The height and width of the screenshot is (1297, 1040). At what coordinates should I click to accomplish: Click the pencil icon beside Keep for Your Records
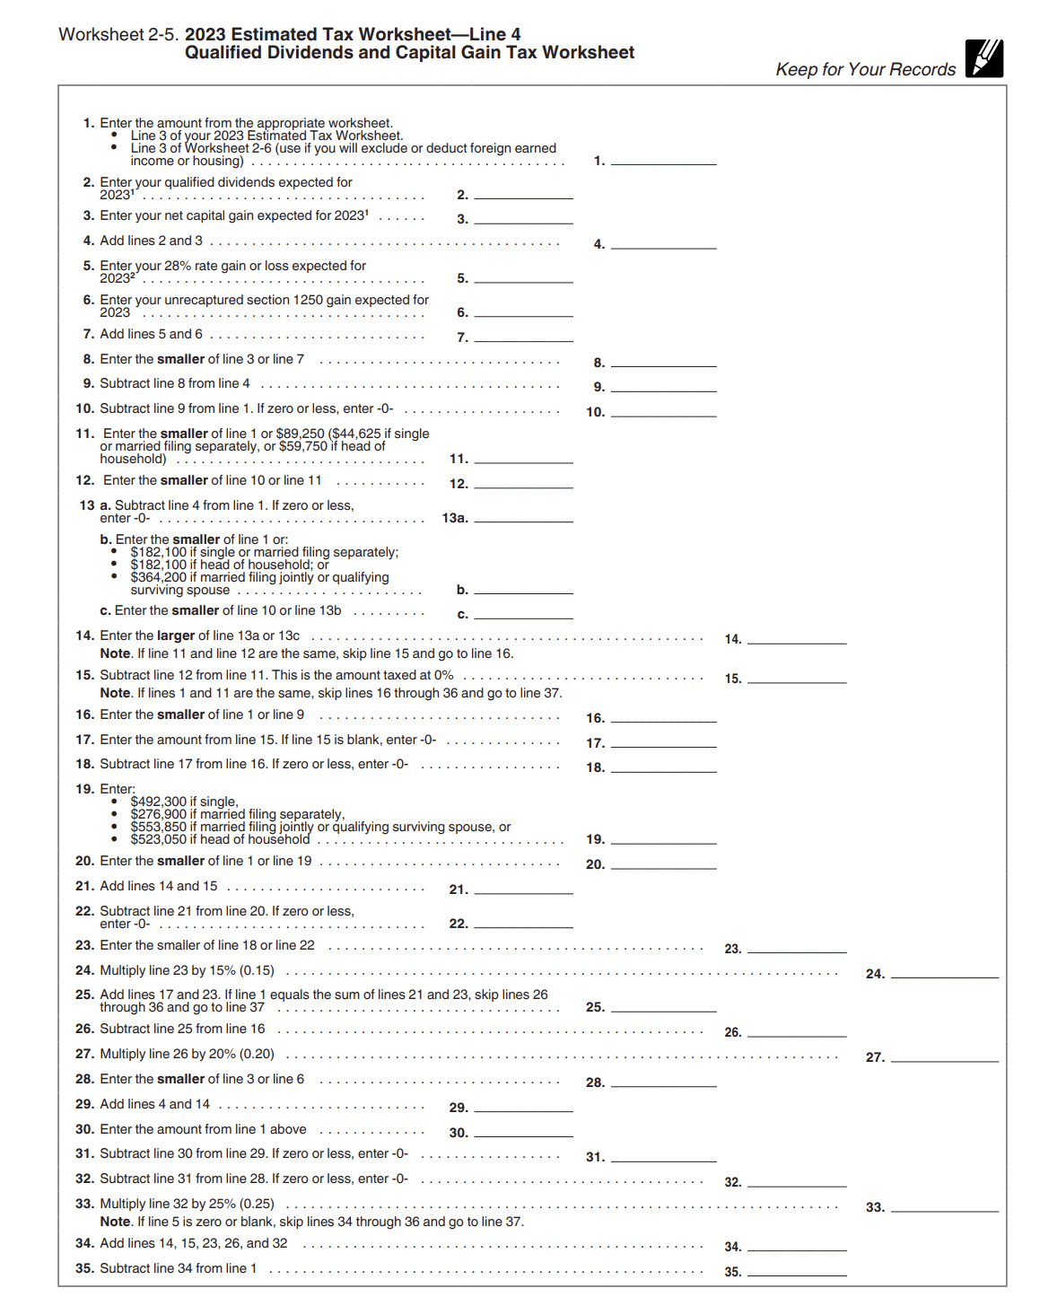(x=984, y=58)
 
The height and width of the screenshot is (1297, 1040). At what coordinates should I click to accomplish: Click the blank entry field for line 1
(x=663, y=160)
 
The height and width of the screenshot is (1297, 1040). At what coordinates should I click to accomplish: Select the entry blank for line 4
(x=663, y=243)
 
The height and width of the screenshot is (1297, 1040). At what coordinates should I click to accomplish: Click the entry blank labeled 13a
(x=523, y=517)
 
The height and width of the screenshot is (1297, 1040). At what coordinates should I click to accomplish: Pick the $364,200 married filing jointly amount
(x=159, y=577)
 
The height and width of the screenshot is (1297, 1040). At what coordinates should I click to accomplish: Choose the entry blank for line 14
(x=797, y=638)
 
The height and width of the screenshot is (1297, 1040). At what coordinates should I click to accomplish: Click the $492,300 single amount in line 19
(x=159, y=802)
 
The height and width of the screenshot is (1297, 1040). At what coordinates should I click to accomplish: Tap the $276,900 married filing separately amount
(x=159, y=814)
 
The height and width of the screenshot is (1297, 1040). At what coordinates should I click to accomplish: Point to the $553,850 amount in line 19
(x=159, y=827)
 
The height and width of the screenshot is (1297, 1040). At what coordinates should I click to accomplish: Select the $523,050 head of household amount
(x=159, y=839)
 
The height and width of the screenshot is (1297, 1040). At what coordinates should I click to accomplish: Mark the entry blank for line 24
(x=944, y=973)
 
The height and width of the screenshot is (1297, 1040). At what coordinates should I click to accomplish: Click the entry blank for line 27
(x=944, y=1056)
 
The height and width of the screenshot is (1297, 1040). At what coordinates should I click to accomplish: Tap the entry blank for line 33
(x=944, y=1206)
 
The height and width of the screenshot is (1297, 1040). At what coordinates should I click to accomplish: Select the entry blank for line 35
(x=797, y=1271)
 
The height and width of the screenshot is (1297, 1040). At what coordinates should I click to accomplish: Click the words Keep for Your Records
(x=866, y=70)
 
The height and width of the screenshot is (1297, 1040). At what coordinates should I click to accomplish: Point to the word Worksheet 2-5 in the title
(x=118, y=35)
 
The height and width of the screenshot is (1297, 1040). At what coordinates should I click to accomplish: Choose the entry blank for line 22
(x=523, y=923)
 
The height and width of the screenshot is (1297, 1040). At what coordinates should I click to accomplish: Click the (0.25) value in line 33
(x=257, y=1204)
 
